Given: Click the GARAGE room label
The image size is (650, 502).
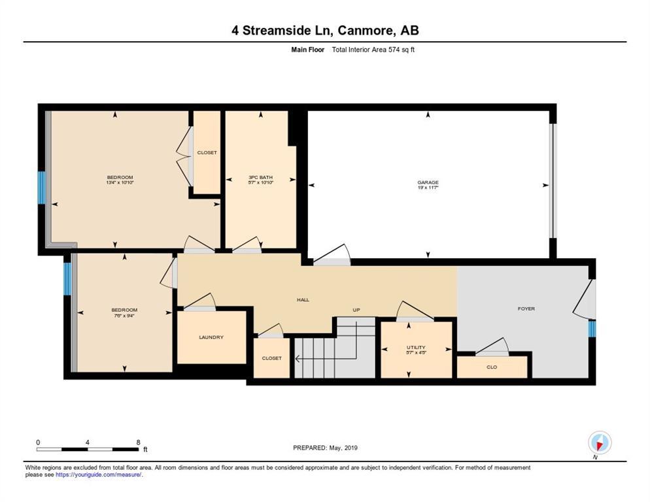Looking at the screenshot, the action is pos(428,182).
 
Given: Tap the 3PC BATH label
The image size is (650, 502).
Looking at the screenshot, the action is pos(260,177).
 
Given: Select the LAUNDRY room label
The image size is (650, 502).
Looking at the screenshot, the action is pos(211,337).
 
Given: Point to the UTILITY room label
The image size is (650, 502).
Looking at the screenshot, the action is pos(416,347).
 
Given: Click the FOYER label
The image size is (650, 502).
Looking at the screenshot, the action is pos(526,309).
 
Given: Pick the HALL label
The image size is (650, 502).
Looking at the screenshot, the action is pos(303,300).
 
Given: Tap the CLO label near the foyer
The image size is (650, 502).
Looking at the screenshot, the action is pos(492,367).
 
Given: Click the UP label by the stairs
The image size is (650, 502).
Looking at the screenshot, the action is pos(356,310).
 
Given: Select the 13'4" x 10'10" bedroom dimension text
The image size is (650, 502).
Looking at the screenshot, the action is pos(120,182).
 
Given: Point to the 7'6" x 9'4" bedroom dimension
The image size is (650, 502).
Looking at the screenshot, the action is pos(124,316).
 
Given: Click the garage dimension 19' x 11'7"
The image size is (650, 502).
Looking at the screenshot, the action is pos(428,188).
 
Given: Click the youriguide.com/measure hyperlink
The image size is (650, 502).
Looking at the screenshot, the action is pos(99,475).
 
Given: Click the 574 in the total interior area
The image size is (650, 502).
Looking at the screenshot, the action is pos(394,50).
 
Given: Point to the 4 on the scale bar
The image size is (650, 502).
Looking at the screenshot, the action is pos(87,443).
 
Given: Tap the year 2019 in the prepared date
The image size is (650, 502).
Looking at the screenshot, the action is pos(351,448).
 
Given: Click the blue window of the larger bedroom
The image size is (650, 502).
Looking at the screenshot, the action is pos(41,188).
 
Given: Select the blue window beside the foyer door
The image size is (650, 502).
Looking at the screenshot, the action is pos(592,329).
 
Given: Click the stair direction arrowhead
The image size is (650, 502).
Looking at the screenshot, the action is pos(298,358).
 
